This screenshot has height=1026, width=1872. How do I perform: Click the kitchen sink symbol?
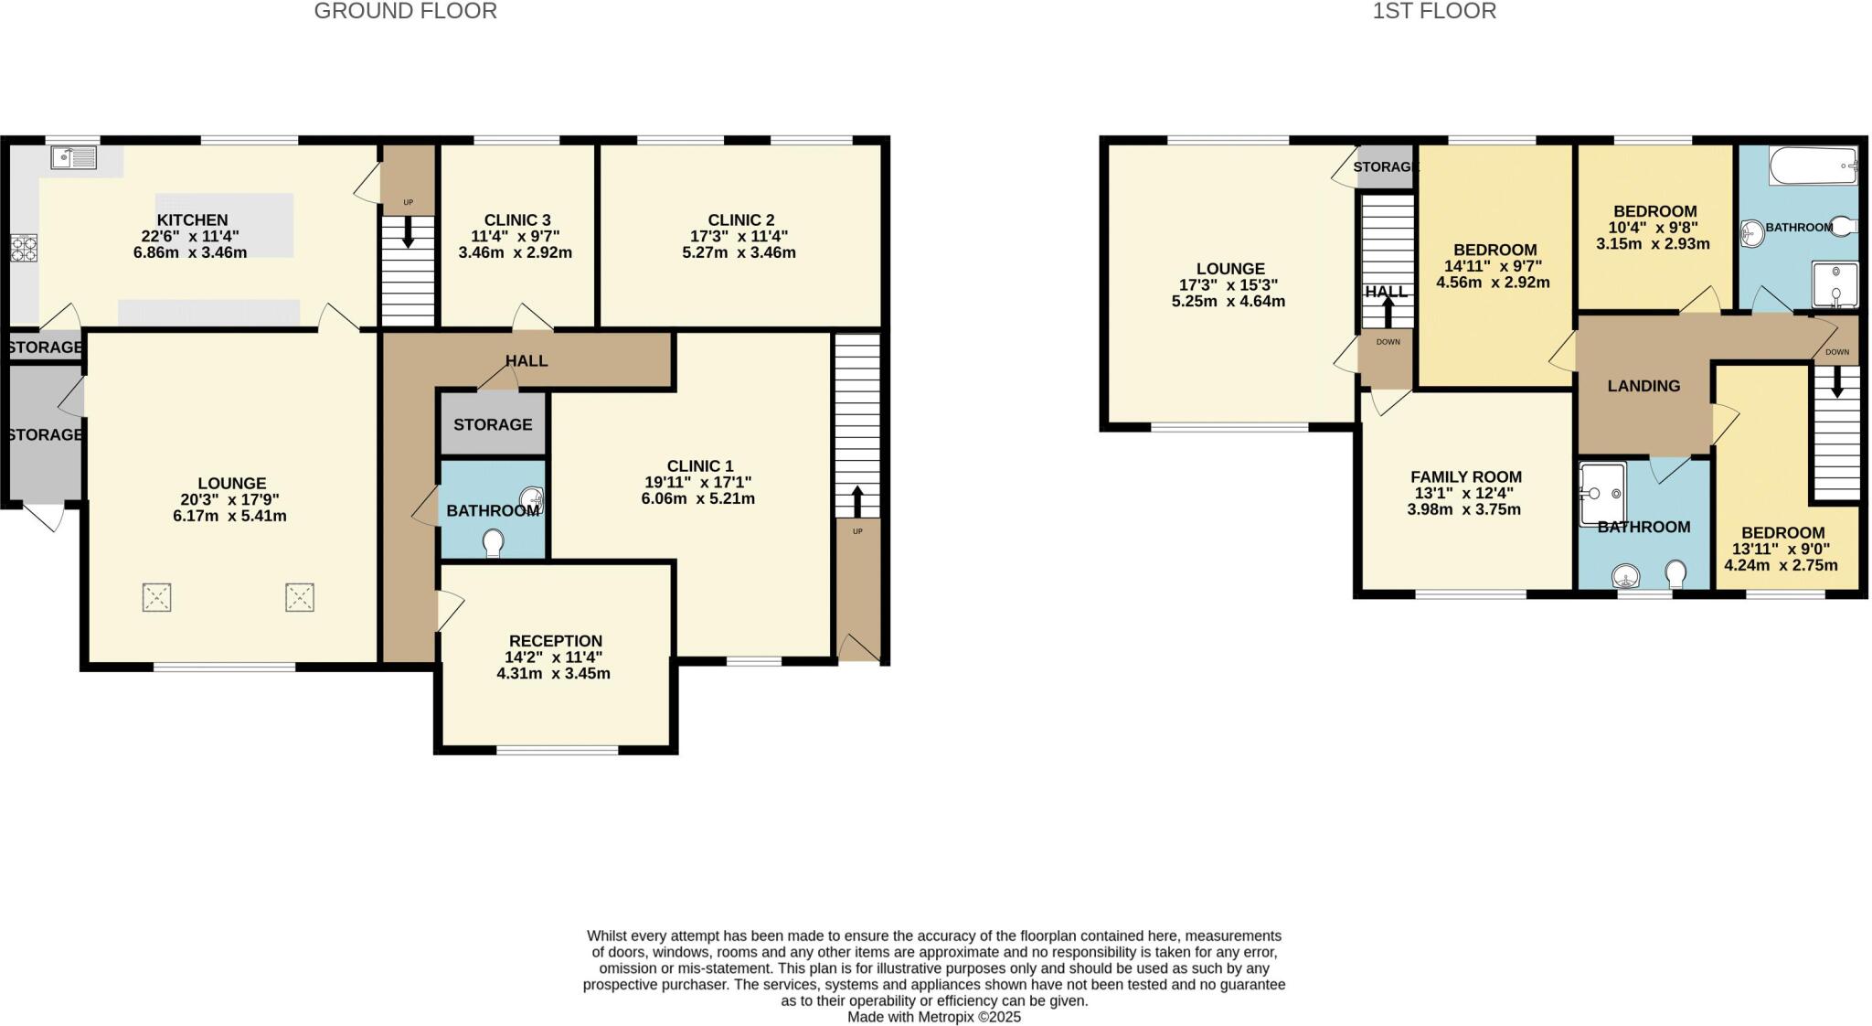tap(74, 158)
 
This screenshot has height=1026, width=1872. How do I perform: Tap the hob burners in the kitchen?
tap(23, 249)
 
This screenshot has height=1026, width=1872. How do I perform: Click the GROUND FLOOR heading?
tap(405, 11)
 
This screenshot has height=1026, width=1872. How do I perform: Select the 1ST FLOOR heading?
tap(1433, 11)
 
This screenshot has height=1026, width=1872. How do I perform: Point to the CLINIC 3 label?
tap(517, 219)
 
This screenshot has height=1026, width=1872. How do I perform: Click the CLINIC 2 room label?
tap(740, 219)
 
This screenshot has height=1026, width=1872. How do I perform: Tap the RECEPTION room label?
tap(555, 640)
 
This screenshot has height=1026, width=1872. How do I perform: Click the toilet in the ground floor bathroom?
tap(494, 543)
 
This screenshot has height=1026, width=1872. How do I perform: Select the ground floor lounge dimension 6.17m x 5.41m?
tap(229, 516)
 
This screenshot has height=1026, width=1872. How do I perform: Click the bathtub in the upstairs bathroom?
tap(1813, 166)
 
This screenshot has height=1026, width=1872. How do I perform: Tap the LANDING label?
tap(1643, 386)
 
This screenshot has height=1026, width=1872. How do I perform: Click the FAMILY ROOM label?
tap(1465, 476)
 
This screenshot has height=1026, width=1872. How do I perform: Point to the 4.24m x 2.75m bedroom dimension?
tap(1781, 565)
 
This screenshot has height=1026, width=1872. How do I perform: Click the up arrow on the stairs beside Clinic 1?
tap(856, 501)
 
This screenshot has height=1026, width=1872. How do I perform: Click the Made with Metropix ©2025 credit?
tap(933, 1016)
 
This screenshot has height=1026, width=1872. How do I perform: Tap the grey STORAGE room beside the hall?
tap(493, 424)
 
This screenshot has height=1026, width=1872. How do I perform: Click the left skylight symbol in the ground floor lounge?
tap(157, 598)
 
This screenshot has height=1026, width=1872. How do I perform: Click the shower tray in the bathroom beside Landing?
tap(1602, 494)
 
